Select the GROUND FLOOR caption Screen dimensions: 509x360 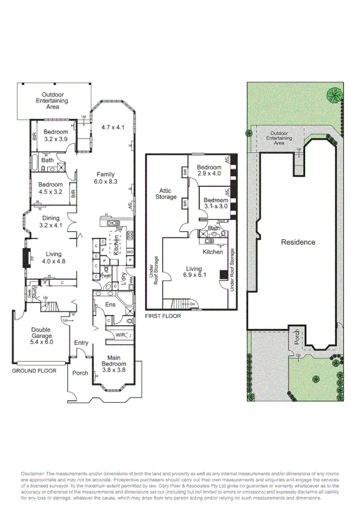pos(34,371)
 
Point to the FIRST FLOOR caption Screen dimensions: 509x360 pos(163,315)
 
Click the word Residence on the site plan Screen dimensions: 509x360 pos(298,242)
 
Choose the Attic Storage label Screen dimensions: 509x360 pos(166,194)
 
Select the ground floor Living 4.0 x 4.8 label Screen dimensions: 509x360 pos(52,257)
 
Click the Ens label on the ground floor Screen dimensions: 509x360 pos(110,305)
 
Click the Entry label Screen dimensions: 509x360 pos(81,343)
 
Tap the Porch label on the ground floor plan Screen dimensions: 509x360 pos(80,373)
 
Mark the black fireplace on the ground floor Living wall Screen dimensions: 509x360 pos(25,258)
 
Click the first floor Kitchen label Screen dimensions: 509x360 pos(213,252)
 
